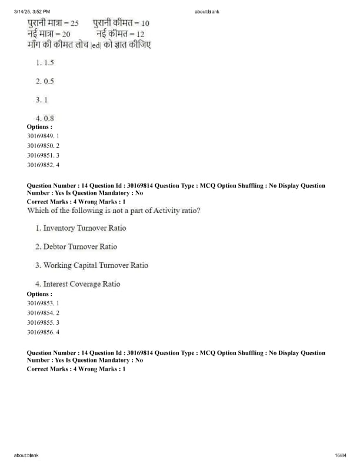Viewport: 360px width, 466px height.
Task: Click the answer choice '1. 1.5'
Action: tap(45, 62)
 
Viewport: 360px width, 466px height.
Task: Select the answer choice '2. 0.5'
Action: tap(45, 81)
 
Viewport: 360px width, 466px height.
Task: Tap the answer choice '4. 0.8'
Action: tap(45, 118)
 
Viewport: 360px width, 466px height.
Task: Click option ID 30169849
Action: tap(43, 136)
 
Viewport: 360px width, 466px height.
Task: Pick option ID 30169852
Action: tap(43, 165)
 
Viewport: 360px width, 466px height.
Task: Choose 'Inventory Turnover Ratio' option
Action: tap(81, 228)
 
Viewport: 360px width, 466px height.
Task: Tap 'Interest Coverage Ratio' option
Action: tap(78, 284)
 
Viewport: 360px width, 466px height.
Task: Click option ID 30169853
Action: tap(43, 303)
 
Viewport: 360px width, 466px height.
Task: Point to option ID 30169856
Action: tap(43, 332)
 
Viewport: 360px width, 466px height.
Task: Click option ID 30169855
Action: tap(43, 322)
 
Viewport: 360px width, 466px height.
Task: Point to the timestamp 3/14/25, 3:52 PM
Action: tap(32, 11)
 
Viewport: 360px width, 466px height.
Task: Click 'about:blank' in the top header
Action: tap(206, 11)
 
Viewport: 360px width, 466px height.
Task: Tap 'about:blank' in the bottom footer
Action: tap(26, 455)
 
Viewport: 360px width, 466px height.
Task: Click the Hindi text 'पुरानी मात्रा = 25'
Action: tap(53, 23)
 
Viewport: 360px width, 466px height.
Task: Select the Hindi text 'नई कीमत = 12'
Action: tap(120, 34)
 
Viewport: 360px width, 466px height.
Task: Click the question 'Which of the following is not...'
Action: tap(114, 210)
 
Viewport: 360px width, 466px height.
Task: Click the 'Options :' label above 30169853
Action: tap(39, 294)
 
